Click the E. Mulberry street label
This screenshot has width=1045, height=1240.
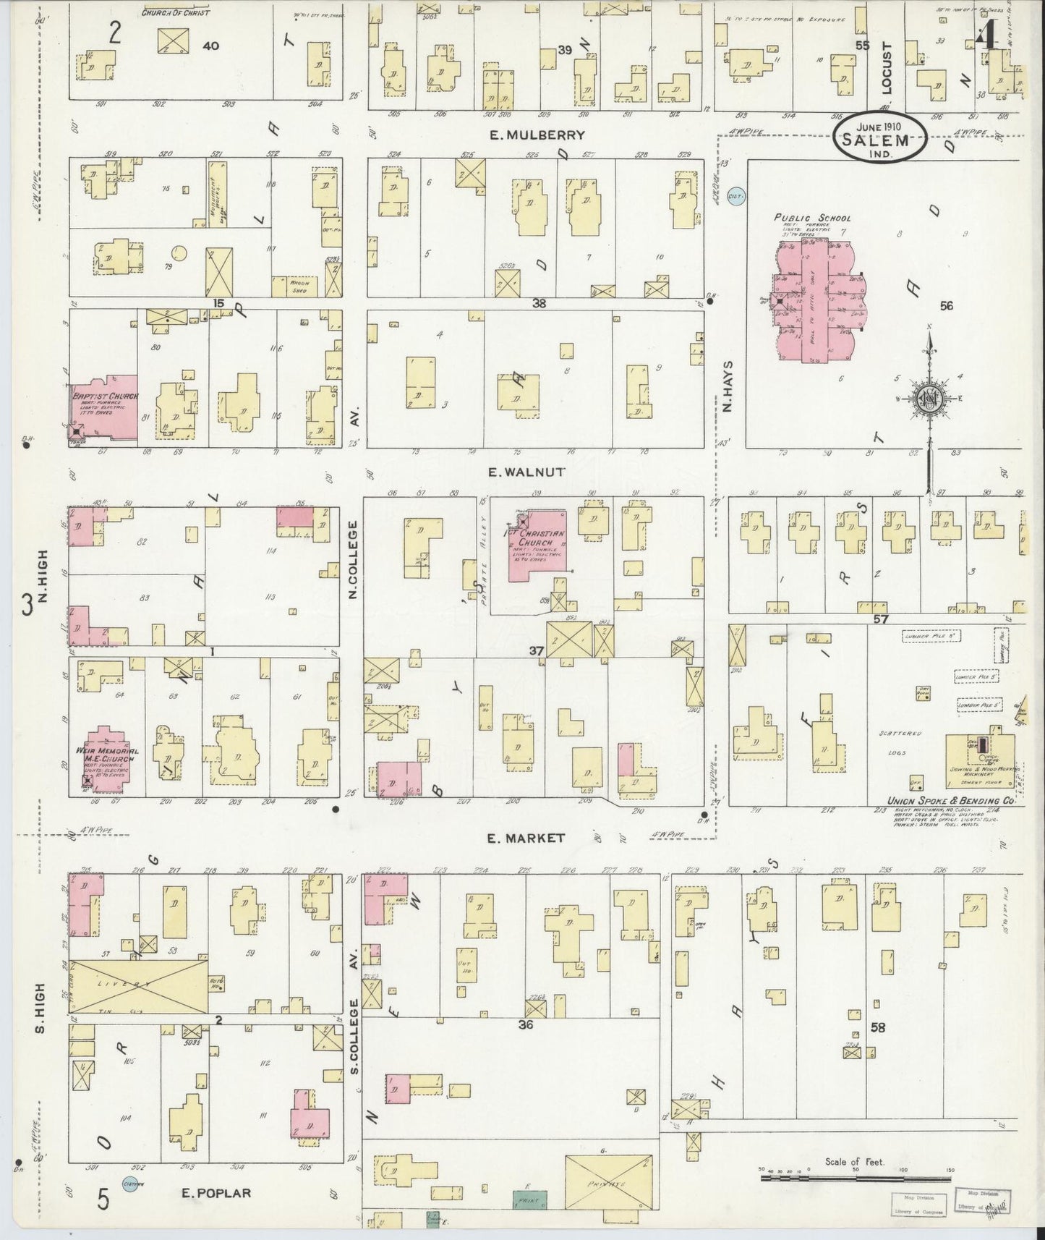[536, 135]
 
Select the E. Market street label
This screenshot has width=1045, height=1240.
[526, 838]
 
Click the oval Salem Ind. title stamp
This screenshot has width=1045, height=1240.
[880, 135]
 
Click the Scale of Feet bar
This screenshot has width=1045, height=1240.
[856, 1179]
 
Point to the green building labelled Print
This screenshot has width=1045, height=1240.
[530, 1200]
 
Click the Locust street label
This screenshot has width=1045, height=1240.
[887, 68]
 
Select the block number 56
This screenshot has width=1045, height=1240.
[946, 306]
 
